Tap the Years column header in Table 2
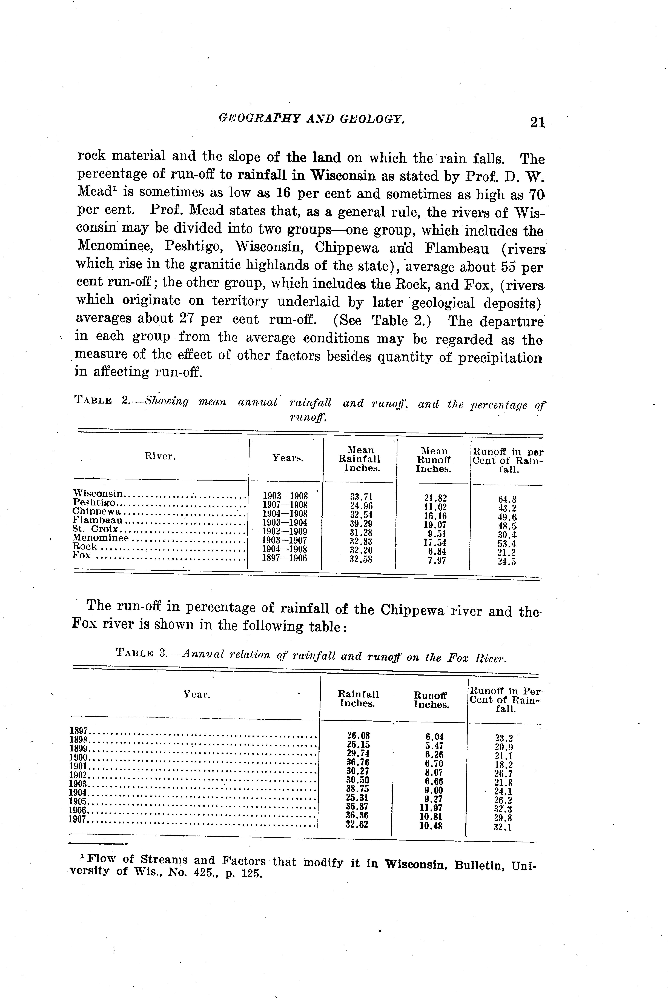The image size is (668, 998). (x=288, y=458)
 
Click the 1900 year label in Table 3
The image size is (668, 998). (x=78, y=757)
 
